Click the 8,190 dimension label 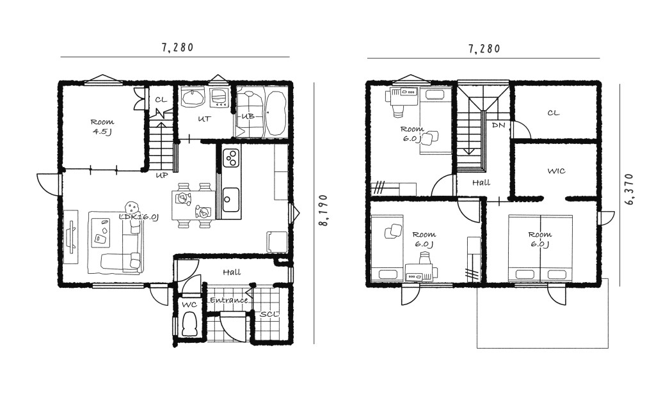(324, 210)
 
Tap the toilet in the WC (189, 324)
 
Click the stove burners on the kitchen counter (232, 157)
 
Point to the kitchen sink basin (231, 199)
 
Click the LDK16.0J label (140, 217)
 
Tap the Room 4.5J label (102, 127)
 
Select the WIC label (556, 171)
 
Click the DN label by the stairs (499, 125)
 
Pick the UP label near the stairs (161, 175)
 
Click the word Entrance (229, 300)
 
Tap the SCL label (269, 314)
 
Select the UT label (204, 119)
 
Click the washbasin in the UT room (193, 97)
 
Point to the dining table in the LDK (193, 205)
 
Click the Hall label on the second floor (481, 183)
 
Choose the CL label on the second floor (554, 113)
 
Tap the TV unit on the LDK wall (71, 237)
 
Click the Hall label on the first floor (232, 272)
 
